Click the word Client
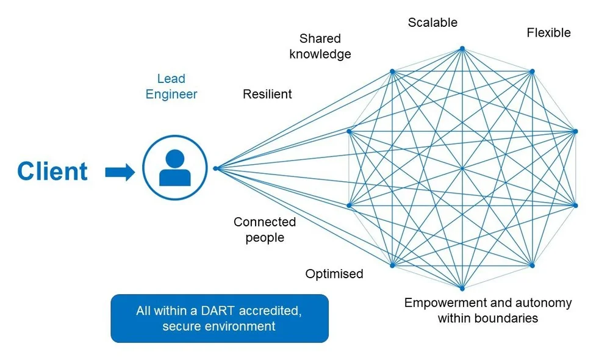pos(52,171)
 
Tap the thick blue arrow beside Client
pos(120,171)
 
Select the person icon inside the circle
pos(174,168)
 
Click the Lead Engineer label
pos(171,87)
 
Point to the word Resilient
pos(267,94)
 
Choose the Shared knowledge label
pos(320,46)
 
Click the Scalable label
pos(432,23)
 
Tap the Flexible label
pos(548,33)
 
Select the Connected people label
pos(265,229)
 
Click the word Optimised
pos(334,273)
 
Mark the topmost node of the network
pos(462,49)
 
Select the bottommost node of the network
pos(462,289)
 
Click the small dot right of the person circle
pos(215,168)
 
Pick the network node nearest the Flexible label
pos(532,71)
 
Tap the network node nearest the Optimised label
pos(392,265)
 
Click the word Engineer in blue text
pos(171,94)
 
